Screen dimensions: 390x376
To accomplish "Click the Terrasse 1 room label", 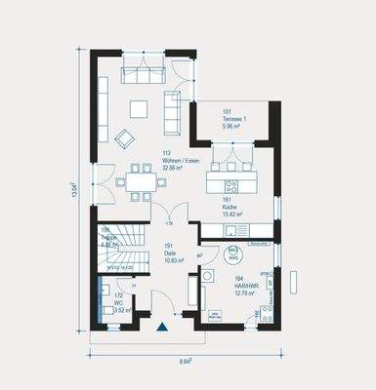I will pyautogui.click(x=235, y=118).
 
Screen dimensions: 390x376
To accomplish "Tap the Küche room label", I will pyautogui.click(x=230, y=203).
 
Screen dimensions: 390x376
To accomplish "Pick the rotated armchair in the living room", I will pyautogui.click(x=125, y=139).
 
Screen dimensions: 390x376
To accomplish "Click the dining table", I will pyautogui.click(x=140, y=181).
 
